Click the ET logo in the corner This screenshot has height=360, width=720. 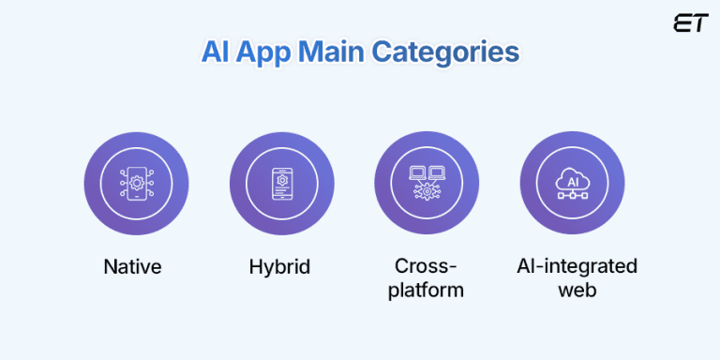(x=690, y=24)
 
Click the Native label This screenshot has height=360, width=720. (x=132, y=266)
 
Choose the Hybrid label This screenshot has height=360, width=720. (x=279, y=266)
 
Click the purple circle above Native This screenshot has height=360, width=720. (x=136, y=182)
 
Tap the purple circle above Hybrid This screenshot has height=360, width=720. (x=281, y=182)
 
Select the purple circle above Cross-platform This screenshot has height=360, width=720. (x=427, y=182)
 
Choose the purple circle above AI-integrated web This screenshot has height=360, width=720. (x=572, y=182)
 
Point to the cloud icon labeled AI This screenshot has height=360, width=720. (x=572, y=176)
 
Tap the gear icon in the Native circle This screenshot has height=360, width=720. (x=136, y=182)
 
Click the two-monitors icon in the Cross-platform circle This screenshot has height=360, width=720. (x=427, y=172)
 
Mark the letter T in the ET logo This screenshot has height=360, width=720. (x=699, y=24)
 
